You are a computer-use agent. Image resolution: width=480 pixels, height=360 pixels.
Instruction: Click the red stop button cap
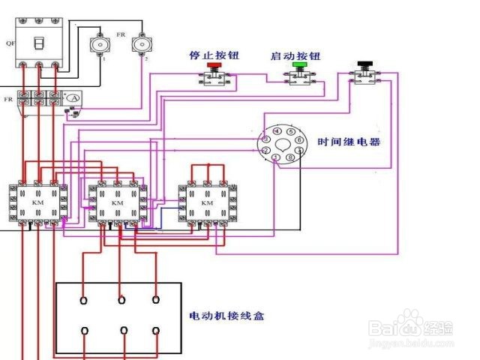tap(214, 66)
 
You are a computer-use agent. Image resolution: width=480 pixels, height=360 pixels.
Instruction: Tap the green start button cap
tap(300, 65)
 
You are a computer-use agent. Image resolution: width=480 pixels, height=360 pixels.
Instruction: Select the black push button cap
tap(366, 64)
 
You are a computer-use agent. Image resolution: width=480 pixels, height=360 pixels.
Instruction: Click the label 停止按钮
tap(211, 55)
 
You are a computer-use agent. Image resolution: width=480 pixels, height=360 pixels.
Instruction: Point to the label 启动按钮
tap(295, 55)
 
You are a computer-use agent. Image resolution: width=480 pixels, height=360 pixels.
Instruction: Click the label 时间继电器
tap(349, 142)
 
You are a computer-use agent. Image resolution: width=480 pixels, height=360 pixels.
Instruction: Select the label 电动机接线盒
tap(226, 316)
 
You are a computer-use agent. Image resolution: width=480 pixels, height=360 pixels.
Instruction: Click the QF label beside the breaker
tap(10, 43)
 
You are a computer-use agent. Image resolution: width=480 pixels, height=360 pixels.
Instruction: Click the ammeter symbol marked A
tap(73, 98)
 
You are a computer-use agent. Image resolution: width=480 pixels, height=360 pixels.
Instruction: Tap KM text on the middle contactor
tap(117, 203)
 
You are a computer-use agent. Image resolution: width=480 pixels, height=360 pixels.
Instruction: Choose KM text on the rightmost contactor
tap(206, 203)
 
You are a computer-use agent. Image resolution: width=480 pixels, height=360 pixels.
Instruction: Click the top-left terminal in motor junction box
tap(83, 300)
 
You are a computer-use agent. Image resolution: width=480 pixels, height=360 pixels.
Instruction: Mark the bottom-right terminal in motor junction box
tap(156, 330)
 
